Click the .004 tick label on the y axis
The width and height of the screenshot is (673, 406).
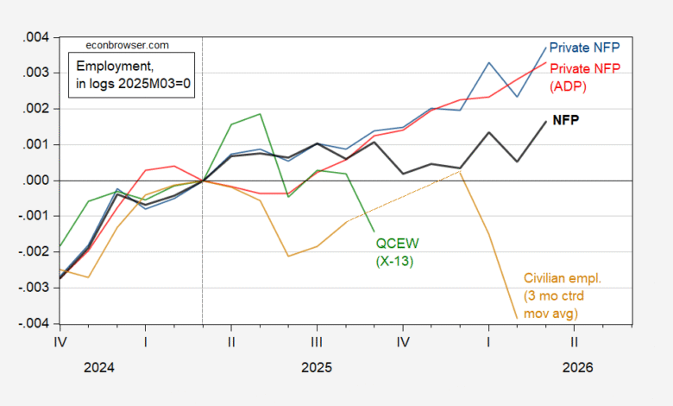tap(36, 38)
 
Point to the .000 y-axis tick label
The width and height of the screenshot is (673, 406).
tap(36, 181)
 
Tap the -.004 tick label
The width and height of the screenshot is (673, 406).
tap(35, 324)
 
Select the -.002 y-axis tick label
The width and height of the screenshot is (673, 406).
tap(35, 252)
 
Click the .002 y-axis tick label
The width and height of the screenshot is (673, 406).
tap(36, 110)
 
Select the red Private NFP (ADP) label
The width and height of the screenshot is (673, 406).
tap(585, 76)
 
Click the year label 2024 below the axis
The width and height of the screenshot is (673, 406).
tap(98, 367)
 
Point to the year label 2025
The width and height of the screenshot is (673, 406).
tap(317, 367)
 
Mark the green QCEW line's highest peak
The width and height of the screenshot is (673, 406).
tap(261, 114)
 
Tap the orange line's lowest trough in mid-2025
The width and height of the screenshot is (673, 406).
tap(289, 256)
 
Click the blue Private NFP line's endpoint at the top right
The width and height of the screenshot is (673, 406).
tap(546, 47)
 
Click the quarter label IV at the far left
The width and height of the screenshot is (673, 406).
tap(60, 341)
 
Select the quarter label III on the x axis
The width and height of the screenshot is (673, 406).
tap(317, 341)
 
